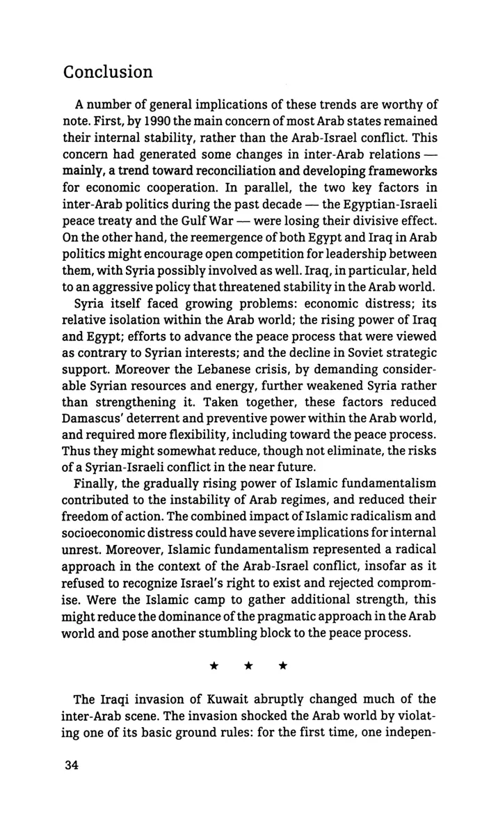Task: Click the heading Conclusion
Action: coord(107,72)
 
